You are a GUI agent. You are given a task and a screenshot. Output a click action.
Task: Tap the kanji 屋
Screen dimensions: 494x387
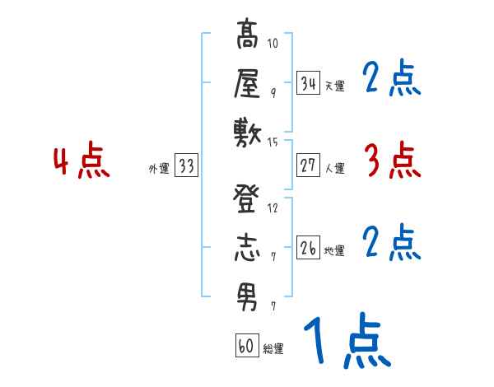tap(247, 83)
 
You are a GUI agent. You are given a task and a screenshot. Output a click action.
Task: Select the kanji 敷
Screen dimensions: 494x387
tap(247, 132)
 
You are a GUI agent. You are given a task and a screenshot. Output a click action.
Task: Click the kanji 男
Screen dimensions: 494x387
tap(247, 295)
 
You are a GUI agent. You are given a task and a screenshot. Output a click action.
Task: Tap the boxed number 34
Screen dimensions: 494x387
tap(308, 82)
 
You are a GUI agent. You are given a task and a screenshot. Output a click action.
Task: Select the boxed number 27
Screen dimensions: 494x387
tap(308, 166)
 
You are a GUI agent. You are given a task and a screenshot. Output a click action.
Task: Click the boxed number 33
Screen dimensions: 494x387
tap(186, 166)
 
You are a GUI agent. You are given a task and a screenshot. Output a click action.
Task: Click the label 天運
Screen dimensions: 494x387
tap(334, 86)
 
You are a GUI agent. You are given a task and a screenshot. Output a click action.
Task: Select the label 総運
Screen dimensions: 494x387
tap(273, 349)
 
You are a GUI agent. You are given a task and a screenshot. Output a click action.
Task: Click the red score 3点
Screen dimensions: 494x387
tap(392, 161)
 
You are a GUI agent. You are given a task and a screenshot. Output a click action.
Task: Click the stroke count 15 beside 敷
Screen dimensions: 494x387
tap(273, 142)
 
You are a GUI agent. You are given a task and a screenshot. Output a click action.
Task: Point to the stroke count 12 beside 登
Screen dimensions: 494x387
tap(273, 207)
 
